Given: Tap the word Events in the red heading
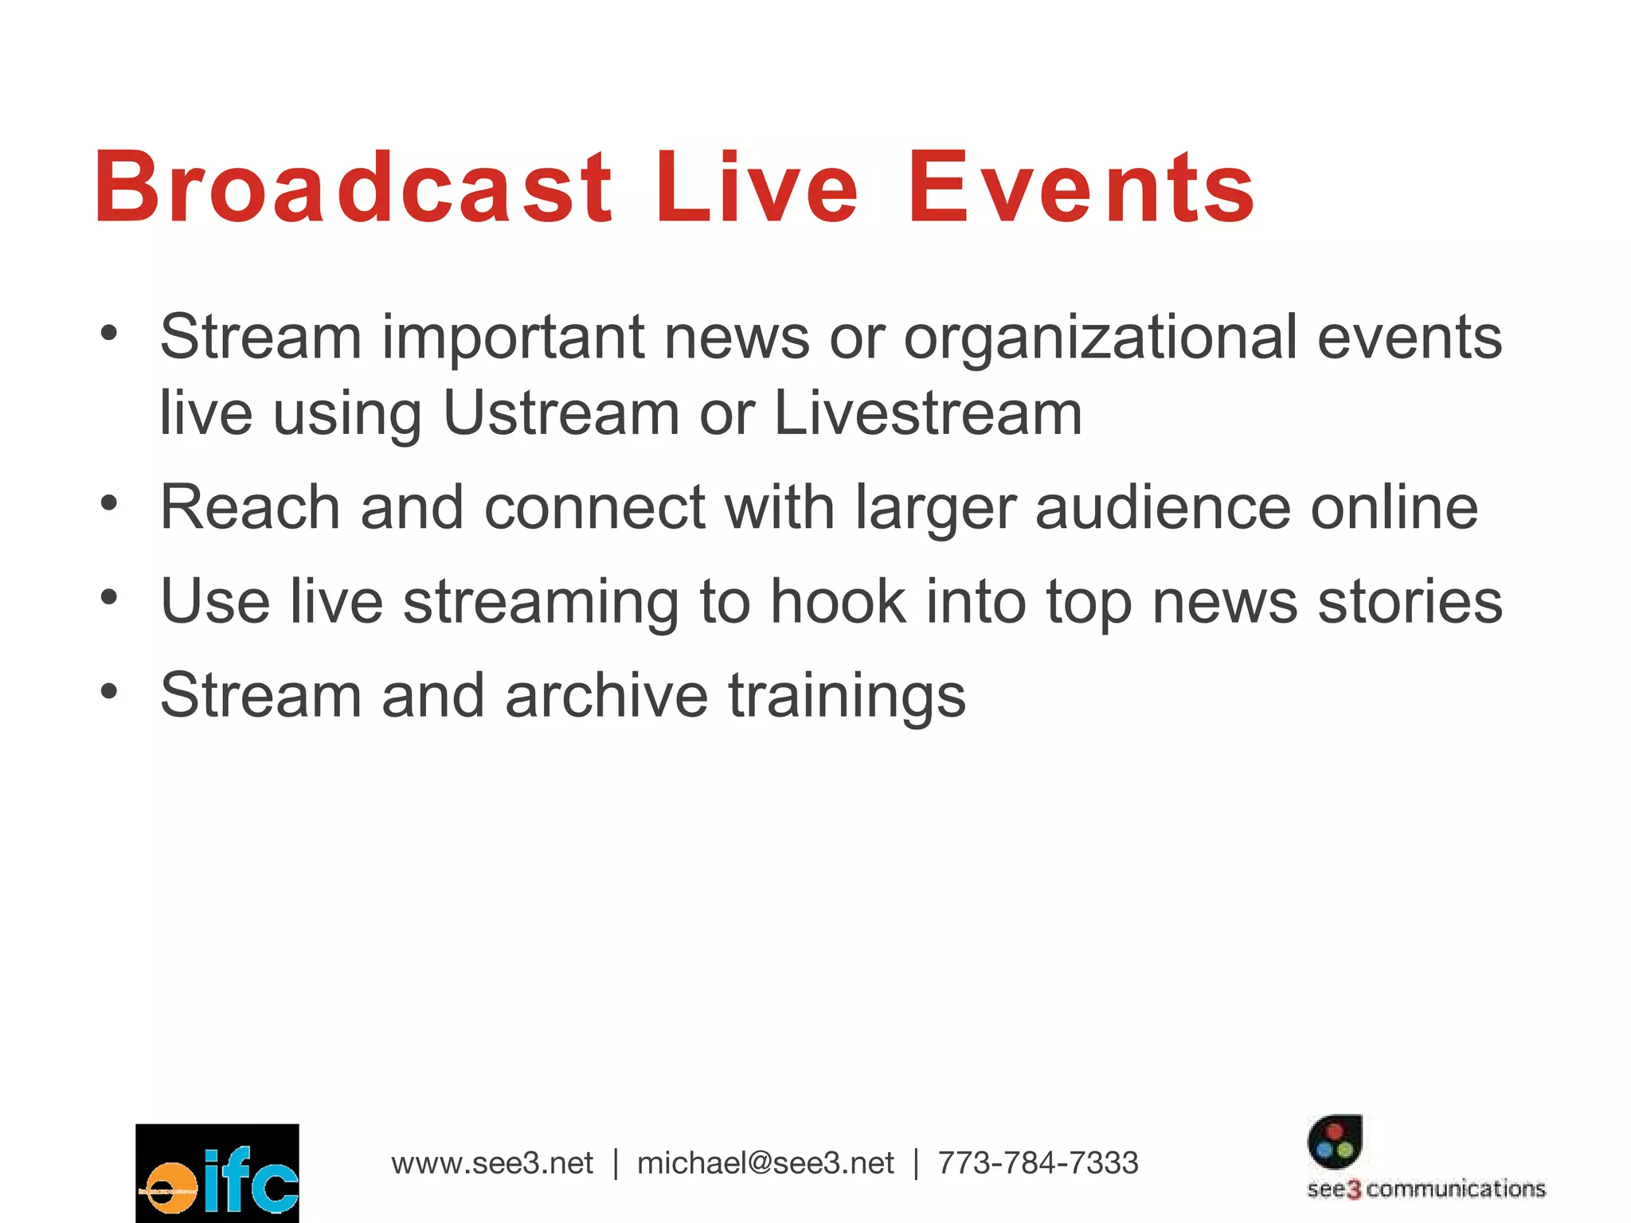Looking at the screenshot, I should pyautogui.click(x=1081, y=188).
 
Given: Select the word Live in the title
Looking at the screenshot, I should pyautogui.click(x=756, y=188).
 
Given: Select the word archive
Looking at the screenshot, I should pyautogui.click(x=606, y=695).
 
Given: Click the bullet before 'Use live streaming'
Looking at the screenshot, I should pyautogui.click(x=109, y=596).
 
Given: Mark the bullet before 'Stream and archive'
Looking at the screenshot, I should pyautogui.click(x=109, y=690).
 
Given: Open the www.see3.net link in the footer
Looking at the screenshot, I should pyautogui.click(x=492, y=1163).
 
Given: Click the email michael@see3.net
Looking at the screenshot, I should pyautogui.click(x=765, y=1163).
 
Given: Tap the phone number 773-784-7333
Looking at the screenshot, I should pyautogui.click(x=1038, y=1163).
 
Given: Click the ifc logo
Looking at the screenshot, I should pyautogui.click(x=217, y=1173).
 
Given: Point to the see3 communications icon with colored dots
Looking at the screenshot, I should pyautogui.click(x=1335, y=1141).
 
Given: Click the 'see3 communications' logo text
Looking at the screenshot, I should pyautogui.click(x=1426, y=1190).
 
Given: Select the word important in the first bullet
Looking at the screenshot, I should pyautogui.click(x=512, y=338).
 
